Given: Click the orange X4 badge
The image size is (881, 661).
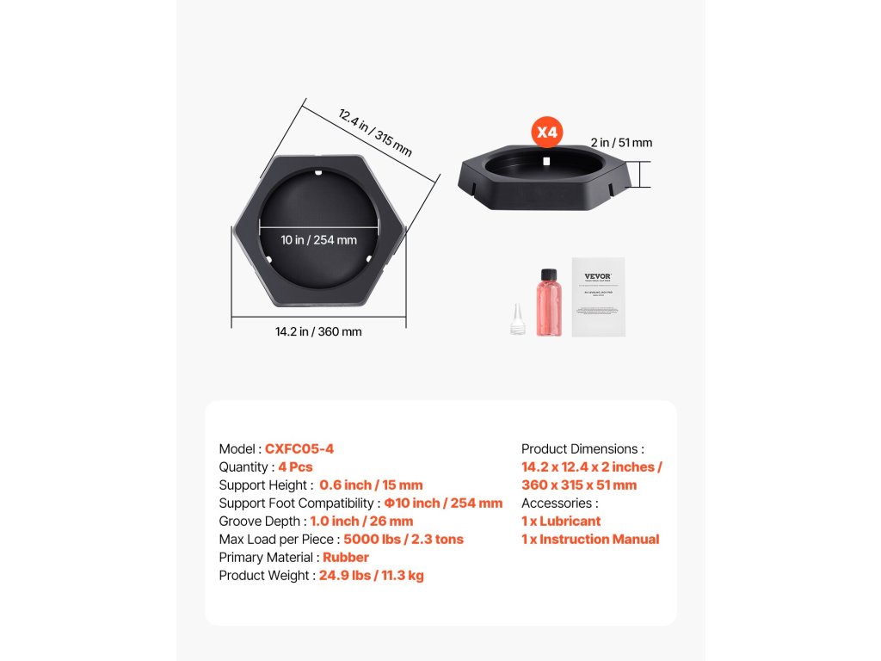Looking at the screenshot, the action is [x=548, y=133].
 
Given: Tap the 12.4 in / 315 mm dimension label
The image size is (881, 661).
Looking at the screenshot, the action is [x=374, y=133].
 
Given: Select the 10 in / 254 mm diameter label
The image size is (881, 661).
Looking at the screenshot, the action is [x=318, y=240].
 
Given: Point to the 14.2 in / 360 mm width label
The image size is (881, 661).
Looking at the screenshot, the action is [x=318, y=331].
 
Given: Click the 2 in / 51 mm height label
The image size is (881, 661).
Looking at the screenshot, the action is [x=621, y=143].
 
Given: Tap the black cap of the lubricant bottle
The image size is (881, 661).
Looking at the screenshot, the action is [x=547, y=275].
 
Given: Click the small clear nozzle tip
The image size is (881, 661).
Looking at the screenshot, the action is [x=517, y=319].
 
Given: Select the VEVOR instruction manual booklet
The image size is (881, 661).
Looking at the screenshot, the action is [x=598, y=297].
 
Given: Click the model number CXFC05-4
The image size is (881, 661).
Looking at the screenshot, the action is [x=299, y=449].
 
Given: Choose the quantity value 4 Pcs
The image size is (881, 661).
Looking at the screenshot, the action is [x=295, y=467].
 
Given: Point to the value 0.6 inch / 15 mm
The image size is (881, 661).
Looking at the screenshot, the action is [x=371, y=485].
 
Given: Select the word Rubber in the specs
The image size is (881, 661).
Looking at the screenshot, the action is [x=346, y=558].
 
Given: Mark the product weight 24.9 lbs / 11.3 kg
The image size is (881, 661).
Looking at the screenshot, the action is [x=371, y=576].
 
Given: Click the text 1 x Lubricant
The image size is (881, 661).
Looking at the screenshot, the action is [x=561, y=522].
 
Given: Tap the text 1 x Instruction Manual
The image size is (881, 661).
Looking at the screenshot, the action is [x=590, y=540].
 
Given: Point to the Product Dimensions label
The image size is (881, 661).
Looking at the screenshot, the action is [x=582, y=449].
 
